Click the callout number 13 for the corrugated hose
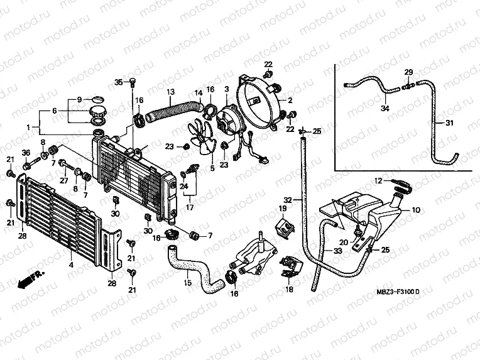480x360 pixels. [170, 93]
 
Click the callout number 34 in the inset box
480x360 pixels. [385, 109]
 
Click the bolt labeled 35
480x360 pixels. [133, 82]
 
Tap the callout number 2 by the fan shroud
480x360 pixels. [291, 101]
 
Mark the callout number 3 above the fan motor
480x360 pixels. [227, 90]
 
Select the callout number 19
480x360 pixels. [283, 208]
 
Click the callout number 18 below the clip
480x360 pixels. [289, 290]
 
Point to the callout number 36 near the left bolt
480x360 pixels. [26, 153]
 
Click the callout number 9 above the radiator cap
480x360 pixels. [79, 100]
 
